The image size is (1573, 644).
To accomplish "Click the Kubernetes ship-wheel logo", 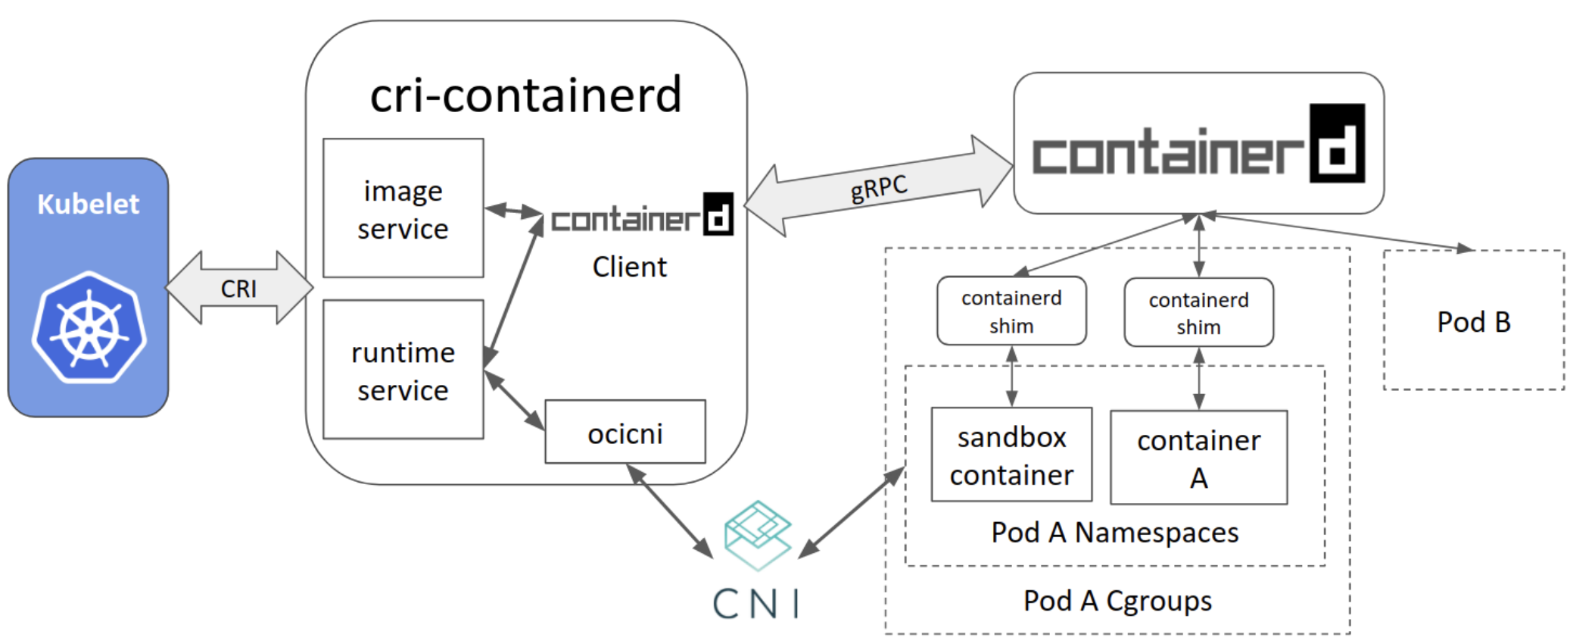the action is click(89, 327).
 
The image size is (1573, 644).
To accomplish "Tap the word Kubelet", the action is click(89, 204).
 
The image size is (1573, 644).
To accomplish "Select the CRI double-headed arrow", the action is click(239, 288).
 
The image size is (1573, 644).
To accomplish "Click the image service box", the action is click(403, 208).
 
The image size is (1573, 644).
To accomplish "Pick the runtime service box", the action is click(403, 369).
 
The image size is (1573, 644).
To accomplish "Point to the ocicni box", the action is click(625, 432).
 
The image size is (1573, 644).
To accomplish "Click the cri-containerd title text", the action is click(526, 95).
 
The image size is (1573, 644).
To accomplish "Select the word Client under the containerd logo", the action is click(630, 267).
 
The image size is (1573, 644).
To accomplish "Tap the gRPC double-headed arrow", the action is click(880, 186).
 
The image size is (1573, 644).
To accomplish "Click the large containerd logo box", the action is click(1199, 143).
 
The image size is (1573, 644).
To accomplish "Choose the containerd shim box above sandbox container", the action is click(1011, 311).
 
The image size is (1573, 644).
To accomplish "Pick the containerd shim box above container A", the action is click(1199, 312).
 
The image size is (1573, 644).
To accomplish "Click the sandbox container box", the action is click(1012, 455).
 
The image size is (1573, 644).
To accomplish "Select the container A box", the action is click(1199, 457).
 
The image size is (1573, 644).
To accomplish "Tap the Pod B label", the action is click(1474, 322).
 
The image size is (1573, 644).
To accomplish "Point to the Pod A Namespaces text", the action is click(1115, 533).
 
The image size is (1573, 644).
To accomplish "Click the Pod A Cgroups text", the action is click(1117, 601).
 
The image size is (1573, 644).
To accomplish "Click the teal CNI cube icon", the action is click(758, 535).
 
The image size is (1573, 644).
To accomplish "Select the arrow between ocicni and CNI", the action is click(670, 511).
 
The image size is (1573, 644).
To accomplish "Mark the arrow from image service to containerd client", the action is click(514, 211).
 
